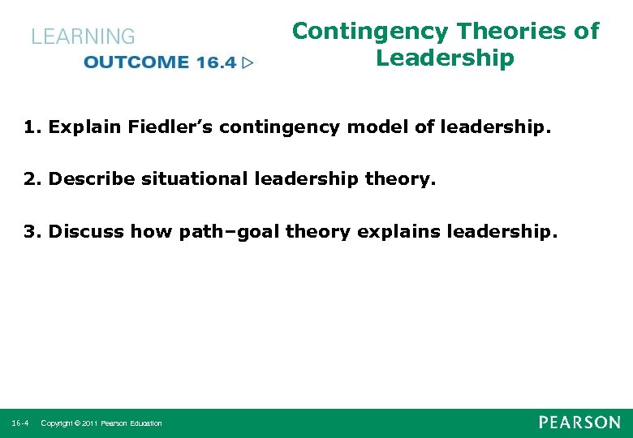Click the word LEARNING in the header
click(83, 36)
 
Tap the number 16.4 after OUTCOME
click(215, 62)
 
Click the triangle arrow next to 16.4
click(248, 62)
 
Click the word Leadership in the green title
click(445, 58)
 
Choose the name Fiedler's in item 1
click(157, 127)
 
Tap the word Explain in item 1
click(82, 127)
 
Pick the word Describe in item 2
click(92, 179)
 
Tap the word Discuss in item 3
click(86, 232)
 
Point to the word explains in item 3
click(394, 232)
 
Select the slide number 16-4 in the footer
click(20, 423)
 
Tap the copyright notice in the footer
click(101, 423)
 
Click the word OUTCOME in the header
click(136, 62)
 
